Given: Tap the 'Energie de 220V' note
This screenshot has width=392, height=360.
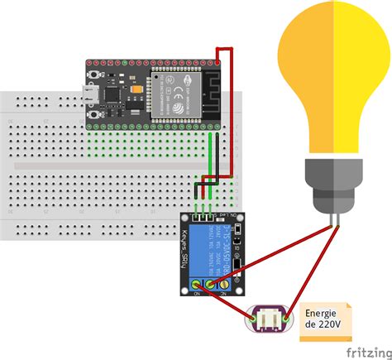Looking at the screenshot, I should [x=326, y=319].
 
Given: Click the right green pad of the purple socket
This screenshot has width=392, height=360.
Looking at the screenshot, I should [x=285, y=319].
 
